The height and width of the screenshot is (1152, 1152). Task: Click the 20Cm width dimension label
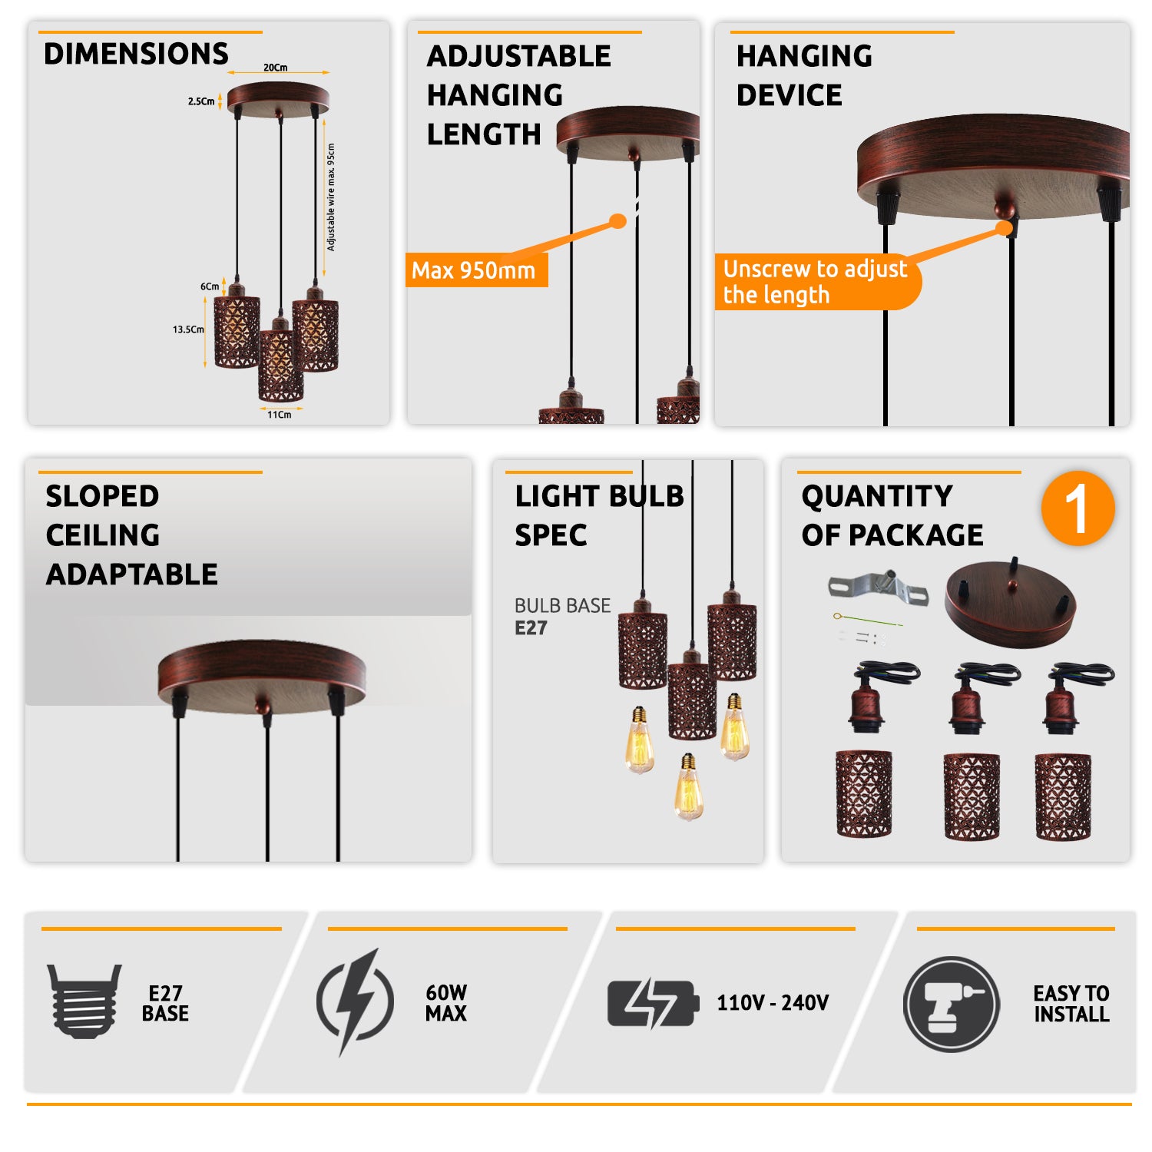tap(275, 68)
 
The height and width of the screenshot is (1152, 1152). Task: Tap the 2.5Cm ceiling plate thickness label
tap(201, 101)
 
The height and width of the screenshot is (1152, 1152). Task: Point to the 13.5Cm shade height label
tap(188, 329)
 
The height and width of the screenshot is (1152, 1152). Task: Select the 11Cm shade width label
tap(279, 415)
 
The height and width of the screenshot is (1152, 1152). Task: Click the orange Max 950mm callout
tap(475, 270)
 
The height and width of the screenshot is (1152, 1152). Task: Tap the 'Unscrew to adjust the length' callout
tap(816, 282)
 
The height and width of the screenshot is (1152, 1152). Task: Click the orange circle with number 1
tap(1078, 508)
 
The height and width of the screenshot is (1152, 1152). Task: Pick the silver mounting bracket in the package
tap(879, 588)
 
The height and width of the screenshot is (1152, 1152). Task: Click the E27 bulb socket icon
tap(84, 1001)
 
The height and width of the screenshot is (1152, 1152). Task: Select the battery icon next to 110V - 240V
tap(653, 1003)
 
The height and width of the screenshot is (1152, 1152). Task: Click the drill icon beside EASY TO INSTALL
tap(951, 1005)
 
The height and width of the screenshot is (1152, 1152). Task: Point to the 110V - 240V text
tap(773, 1003)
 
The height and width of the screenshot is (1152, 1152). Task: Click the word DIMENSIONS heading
tap(136, 54)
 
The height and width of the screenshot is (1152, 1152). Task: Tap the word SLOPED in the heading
tap(102, 496)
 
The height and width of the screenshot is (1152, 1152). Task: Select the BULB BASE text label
tap(562, 606)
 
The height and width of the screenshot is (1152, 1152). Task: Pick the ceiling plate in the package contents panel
tap(1009, 604)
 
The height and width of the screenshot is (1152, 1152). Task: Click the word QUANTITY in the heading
tap(877, 496)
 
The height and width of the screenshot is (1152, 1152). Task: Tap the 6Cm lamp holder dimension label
tap(210, 286)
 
